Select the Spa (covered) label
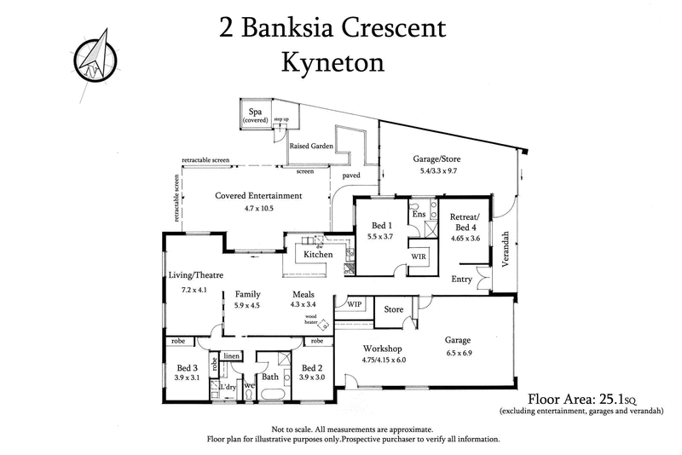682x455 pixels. [x=254, y=116]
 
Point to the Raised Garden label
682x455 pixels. [x=311, y=146]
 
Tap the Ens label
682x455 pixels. [x=419, y=214]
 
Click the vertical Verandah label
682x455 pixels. [x=506, y=250]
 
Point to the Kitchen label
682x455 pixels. [x=319, y=255]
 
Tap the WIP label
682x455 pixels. [x=353, y=302]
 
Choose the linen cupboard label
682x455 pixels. [x=231, y=355]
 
